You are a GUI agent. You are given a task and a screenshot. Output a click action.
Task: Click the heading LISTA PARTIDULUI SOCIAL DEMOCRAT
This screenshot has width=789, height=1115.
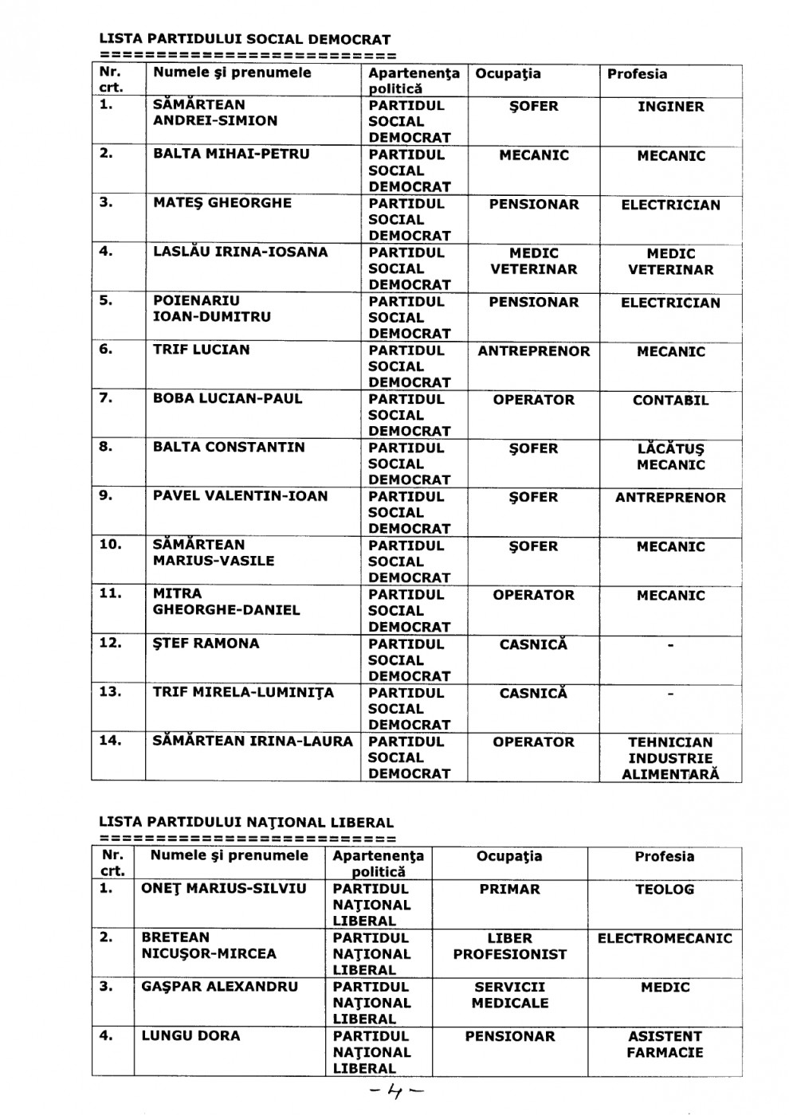[245, 39]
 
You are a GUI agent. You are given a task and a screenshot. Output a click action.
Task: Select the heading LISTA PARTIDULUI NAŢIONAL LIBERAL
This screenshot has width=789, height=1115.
[246, 822]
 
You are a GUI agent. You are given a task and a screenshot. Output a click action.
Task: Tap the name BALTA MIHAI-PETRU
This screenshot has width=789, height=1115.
[231, 154]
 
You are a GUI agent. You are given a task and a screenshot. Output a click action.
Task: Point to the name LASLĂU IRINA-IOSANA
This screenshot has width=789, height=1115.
[240, 252]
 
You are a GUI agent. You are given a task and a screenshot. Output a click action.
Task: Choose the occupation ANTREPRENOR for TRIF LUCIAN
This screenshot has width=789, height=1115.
[534, 350]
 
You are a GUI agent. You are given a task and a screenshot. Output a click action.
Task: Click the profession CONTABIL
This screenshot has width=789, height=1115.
[670, 400]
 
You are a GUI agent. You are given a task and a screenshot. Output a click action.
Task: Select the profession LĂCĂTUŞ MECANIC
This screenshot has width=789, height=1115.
[670, 456]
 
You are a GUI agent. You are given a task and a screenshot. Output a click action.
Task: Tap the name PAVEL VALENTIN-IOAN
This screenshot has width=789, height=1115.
[240, 495]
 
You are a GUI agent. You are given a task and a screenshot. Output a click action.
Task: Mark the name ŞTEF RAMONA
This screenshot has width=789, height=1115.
[206, 643]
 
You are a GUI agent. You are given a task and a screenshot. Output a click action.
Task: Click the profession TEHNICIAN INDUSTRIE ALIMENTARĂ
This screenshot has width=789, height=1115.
[670, 757]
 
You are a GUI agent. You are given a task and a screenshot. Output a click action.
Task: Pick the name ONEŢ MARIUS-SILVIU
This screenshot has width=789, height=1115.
[223, 888]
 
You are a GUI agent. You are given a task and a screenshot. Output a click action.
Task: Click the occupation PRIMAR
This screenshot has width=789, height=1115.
[509, 889]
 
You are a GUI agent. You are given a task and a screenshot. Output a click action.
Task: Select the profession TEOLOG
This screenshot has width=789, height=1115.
[664, 889]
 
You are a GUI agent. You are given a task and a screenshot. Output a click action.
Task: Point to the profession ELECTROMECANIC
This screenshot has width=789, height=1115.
[664, 938]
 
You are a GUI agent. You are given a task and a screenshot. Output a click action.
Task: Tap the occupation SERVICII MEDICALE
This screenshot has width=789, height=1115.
[509, 995]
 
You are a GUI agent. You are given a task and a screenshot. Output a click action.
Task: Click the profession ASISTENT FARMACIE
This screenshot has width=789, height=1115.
[664, 1044]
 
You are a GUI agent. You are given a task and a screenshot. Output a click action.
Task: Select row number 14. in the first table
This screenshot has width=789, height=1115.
[110, 741]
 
